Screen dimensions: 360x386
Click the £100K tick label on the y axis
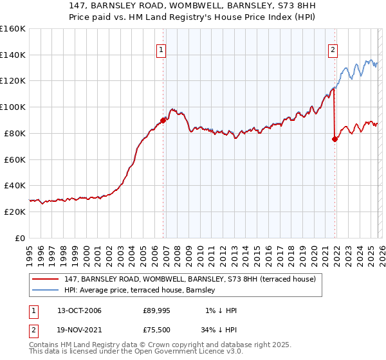tap(12, 107)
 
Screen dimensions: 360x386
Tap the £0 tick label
tap(19, 238)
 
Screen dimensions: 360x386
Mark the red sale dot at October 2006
tap(163, 120)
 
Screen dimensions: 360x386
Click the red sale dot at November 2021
tap(335, 138)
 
